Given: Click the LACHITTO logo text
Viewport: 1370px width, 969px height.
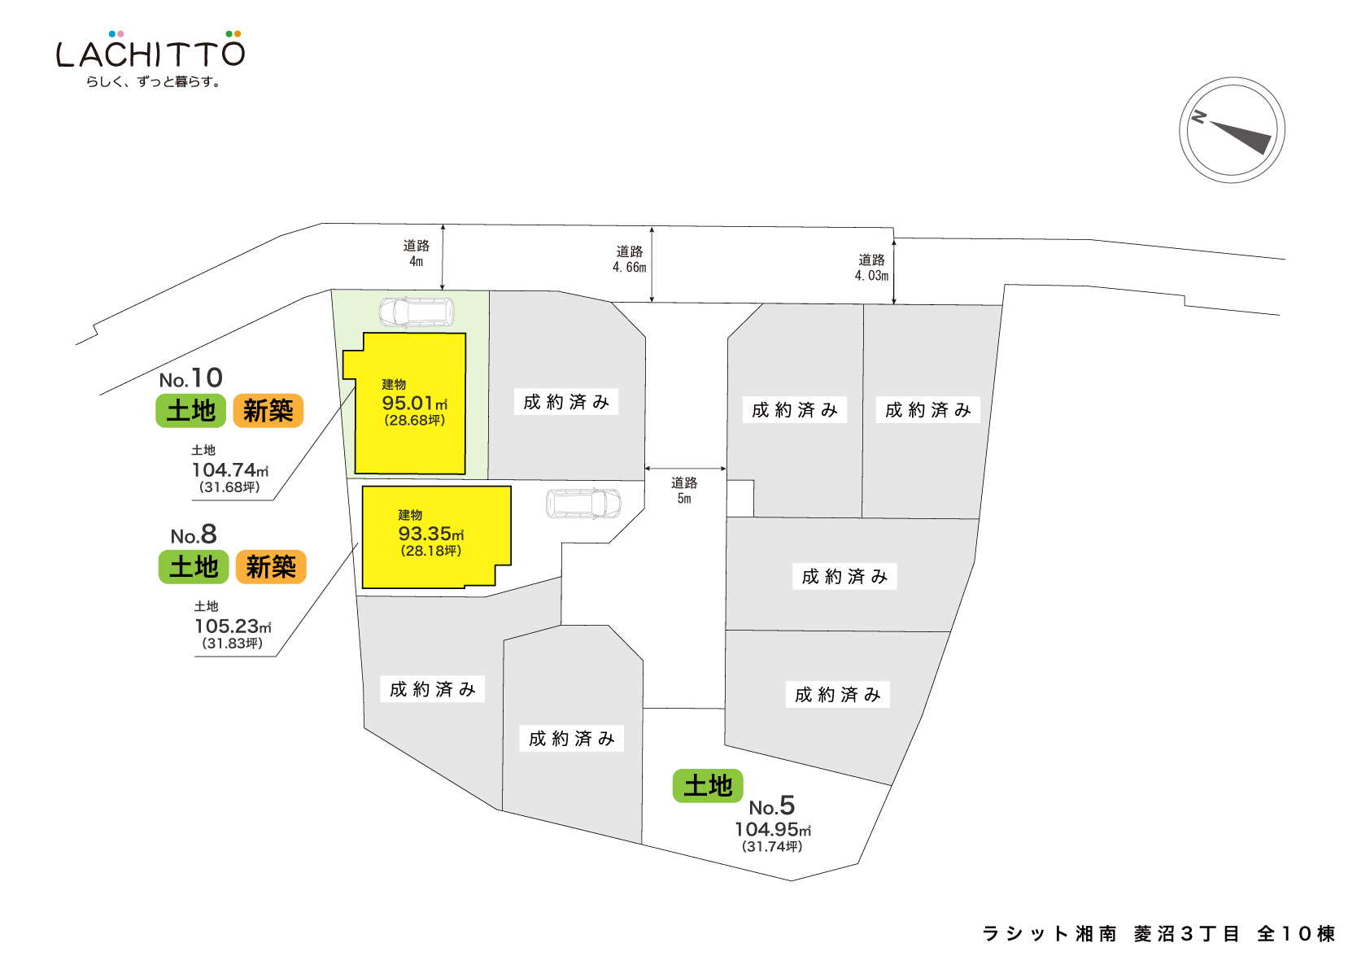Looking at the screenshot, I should (151, 54).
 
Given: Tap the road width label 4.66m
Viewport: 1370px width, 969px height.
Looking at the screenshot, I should (629, 268).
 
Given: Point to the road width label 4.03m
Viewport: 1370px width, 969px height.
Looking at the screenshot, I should (871, 276).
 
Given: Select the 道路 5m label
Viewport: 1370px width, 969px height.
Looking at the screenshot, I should (684, 491).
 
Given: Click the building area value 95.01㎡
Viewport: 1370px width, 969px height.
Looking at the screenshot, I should (414, 404).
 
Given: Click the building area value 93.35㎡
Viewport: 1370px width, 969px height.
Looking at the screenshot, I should (430, 535).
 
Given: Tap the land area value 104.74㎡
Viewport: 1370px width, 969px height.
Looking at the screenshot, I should (229, 470).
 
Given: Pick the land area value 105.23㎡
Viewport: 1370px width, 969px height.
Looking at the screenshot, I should (233, 626).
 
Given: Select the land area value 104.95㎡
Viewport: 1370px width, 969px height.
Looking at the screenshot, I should (772, 830).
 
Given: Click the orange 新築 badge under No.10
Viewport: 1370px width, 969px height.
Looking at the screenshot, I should (268, 411).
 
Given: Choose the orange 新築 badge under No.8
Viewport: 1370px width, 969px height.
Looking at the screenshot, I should (271, 567).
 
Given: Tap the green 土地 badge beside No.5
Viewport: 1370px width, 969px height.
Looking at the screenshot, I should (708, 786).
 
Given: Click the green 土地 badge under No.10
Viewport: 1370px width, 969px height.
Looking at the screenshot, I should (190, 411).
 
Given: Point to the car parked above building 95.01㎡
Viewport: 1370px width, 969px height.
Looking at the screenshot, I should (417, 312).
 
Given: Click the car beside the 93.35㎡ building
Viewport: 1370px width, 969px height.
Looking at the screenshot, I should (583, 504).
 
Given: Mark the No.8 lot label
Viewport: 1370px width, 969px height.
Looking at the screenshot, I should (194, 535).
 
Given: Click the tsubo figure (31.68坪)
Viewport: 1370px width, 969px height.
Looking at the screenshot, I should (229, 487).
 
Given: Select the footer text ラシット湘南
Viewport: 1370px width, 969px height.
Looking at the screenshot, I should (1049, 934).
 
